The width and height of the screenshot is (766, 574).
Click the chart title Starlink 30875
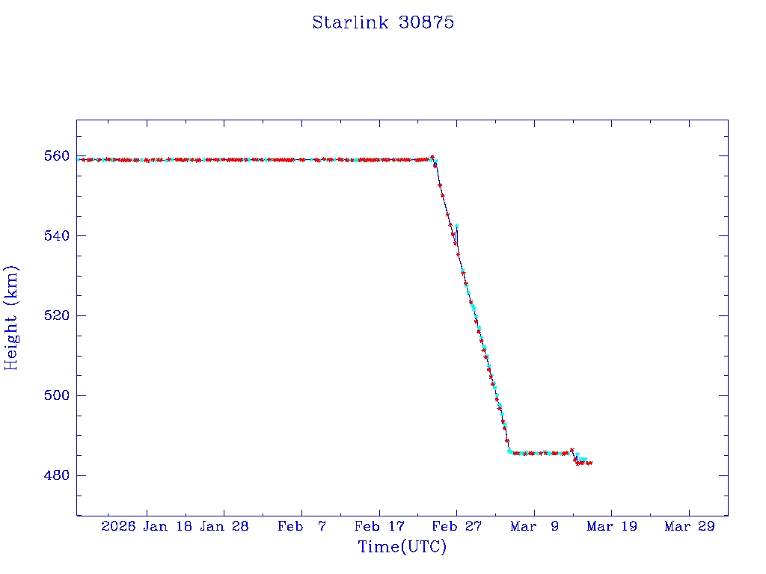[x=383, y=22]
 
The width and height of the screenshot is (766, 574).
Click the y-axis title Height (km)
[x=11, y=318]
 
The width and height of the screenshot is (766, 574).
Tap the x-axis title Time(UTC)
[x=402, y=547]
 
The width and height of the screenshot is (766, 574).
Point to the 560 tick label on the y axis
[x=56, y=156]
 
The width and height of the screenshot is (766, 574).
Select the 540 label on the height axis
[x=56, y=236]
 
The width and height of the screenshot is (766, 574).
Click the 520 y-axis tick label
[x=56, y=316]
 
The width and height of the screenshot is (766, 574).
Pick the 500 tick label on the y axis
[x=56, y=395]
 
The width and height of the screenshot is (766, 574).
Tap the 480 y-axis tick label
[x=56, y=475]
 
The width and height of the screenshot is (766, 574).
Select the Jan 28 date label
[x=224, y=526]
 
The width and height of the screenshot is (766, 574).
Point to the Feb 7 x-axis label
[x=301, y=526]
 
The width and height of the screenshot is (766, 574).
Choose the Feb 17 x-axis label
[x=379, y=526]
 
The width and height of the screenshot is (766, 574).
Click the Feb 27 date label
[x=456, y=526]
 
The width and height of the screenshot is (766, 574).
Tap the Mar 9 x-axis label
[x=534, y=526]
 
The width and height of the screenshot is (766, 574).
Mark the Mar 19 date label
[x=611, y=526]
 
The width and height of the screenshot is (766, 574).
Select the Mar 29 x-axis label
[x=689, y=526]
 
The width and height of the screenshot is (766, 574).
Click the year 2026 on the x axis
[x=118, y=526]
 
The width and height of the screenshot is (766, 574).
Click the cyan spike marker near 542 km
[x=456, y=226]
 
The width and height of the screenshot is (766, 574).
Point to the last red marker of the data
[x=590, y=463]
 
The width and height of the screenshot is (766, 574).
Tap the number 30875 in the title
[x=427, y=22]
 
